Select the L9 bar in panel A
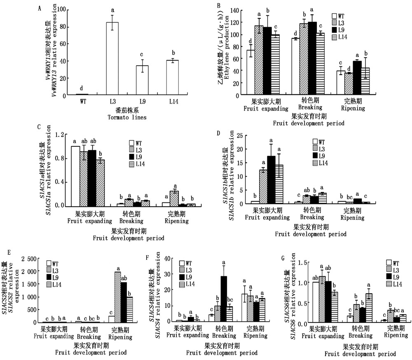click(143, 80)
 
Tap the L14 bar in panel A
click(173, 78)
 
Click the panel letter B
click(219, 6)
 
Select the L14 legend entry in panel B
click(341, 37)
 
